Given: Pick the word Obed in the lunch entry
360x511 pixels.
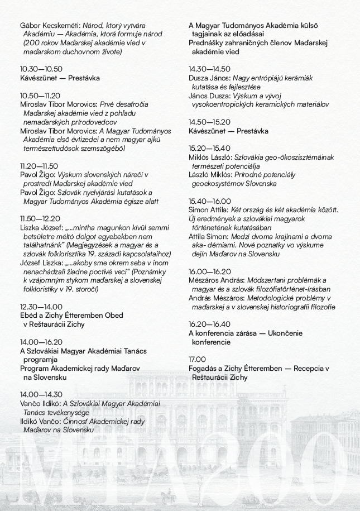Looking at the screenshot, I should [114, 316].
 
